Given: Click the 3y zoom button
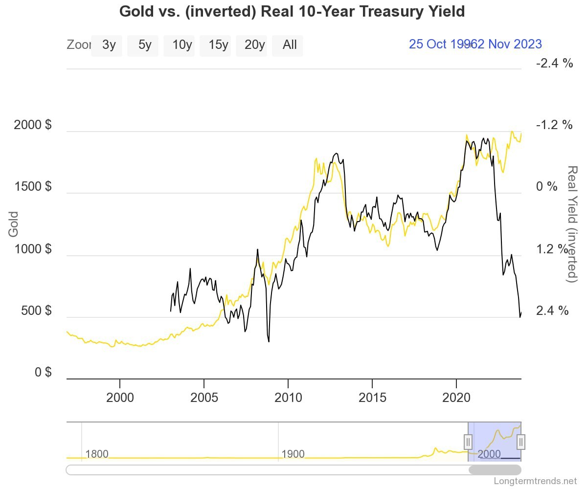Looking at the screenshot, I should coord(109,45).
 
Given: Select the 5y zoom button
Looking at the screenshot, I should coord(145,45).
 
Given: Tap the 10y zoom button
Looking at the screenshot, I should coord(181,45).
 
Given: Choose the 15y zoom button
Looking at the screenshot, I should coord(218,45).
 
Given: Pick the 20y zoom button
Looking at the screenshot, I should coord(254,45).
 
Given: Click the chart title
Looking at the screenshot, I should coord(292,11).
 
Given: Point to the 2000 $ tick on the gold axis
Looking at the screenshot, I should coord(32,125).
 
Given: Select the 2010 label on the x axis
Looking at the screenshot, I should coord(288,398).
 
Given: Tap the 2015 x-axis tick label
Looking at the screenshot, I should coord(372,398).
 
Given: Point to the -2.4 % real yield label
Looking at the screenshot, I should coord(554,63).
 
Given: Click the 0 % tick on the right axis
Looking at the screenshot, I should coord(546,187).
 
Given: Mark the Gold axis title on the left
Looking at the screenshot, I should coord(13,224).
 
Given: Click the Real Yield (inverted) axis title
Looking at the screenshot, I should coord(571,223).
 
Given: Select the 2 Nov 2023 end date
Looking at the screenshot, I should coord(509,44).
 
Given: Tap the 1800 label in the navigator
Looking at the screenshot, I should coord(97,454).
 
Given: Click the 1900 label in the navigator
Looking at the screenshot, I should coord(293,454).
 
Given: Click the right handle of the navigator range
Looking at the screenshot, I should coord(521,442).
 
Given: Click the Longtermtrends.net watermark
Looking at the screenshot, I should coord(535,481).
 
